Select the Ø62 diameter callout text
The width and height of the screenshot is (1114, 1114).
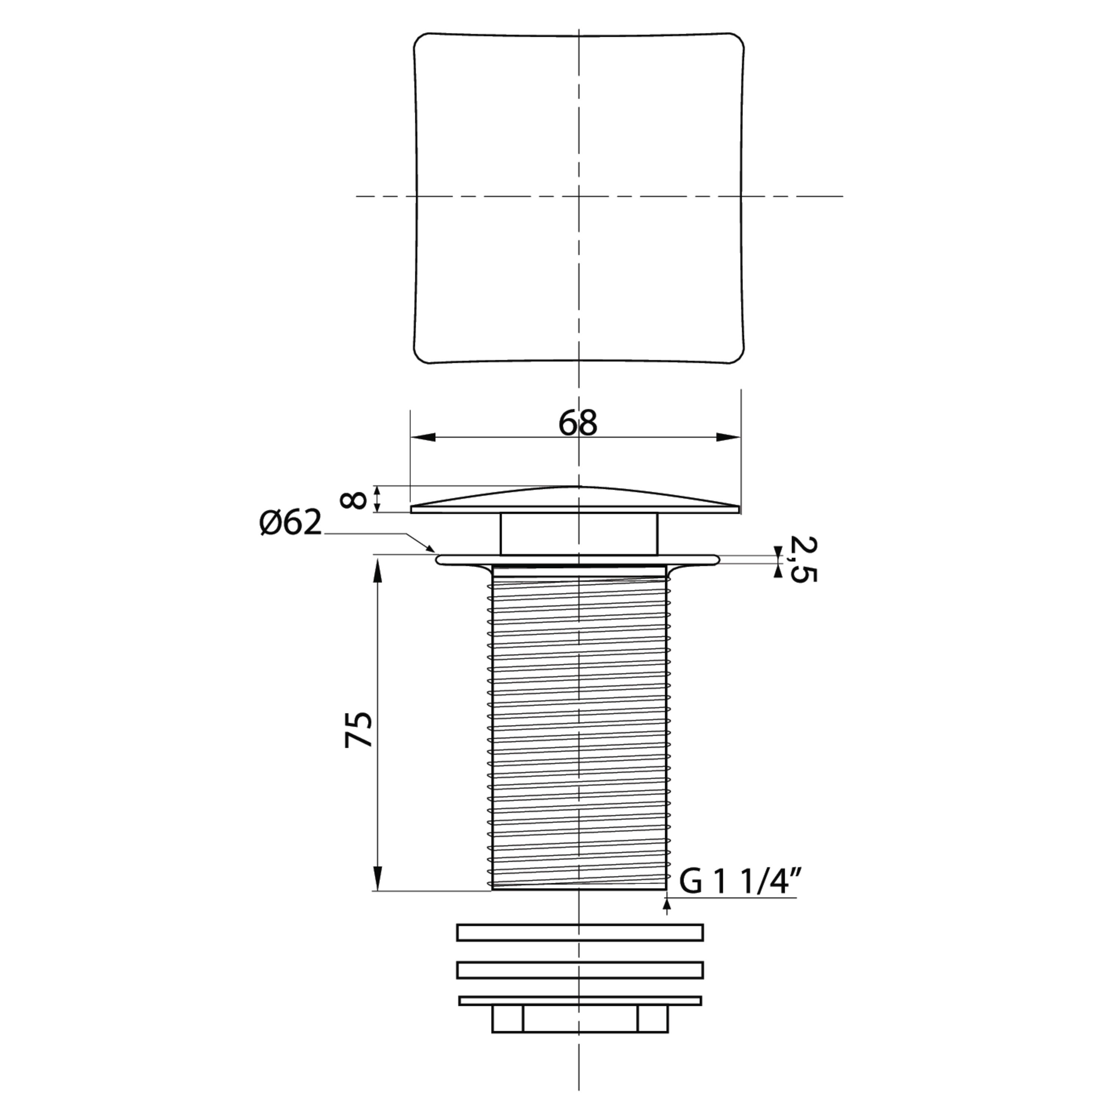point(290,523)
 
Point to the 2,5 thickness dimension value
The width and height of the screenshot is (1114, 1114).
point(803,559)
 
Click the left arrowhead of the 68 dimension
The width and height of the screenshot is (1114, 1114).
point(423,437)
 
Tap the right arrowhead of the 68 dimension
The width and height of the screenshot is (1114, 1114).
point(728,437)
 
